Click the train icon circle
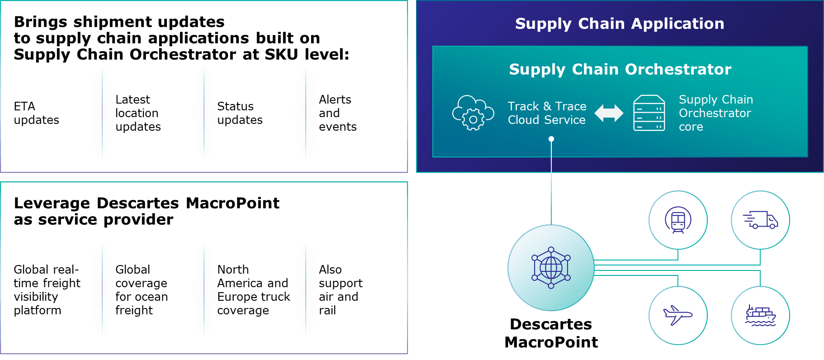tap(677, 220)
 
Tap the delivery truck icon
tap(760, 220)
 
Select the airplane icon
tap(677, 315)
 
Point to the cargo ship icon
tap(760, 316)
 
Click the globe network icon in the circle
tap(551, 268)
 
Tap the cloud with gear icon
tap(473, 113)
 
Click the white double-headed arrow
tap(609, 113)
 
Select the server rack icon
tap(649, 113)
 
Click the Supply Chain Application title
tap(620, 24)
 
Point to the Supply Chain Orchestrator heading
tap(620, 69)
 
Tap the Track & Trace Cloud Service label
tap(547, 113)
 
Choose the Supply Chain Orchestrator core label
tap(715, 113)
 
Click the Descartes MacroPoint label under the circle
tap(551, 333)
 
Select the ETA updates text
tap(36, 113)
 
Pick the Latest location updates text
tap(137, 113)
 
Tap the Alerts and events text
tap(337, 113)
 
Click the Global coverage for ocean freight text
tap(141, 290)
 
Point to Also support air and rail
tap(340, 290)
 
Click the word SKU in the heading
tap(282, 54)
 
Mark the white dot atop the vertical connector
tap(551, 139)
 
